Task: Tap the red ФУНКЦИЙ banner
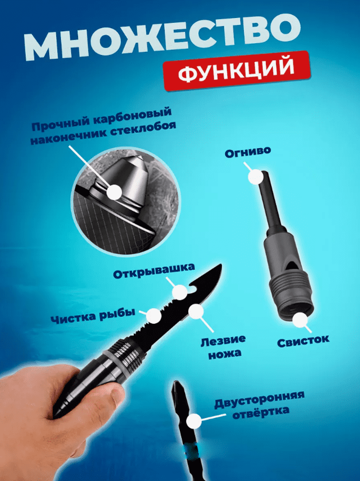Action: pos(237,71)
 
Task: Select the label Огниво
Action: pos(248,152)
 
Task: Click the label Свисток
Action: pos(303,341)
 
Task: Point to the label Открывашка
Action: pos(154,271)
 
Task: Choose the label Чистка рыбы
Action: pos(93,316)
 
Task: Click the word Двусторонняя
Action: pos(260,400)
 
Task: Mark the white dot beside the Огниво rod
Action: pos(255,177)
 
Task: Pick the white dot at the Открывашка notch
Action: pos(180,292)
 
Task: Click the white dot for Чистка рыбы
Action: pos(154,316)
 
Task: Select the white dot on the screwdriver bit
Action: pos(193,421)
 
